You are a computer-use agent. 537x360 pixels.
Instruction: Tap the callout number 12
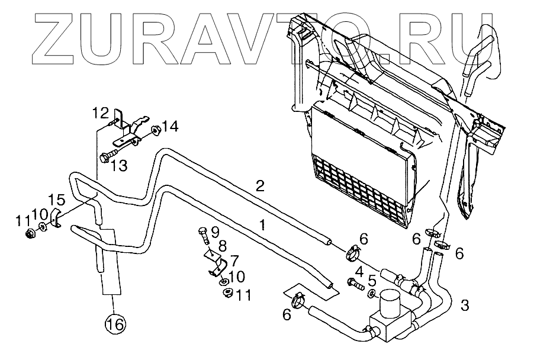pyautogui.click(x=101, y=112)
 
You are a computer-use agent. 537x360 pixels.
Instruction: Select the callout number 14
pyautogui.click(x=170, y=126)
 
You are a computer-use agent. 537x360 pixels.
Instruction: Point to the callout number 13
pyautogui.click(x=118, y=166)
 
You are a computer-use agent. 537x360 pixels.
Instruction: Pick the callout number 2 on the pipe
pyautogui.click(x=259, y=185)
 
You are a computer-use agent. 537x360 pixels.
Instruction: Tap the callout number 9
pyautogui.click(x=214, y=230)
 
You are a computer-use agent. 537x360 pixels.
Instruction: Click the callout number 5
pyautogui.click(x=373, y=278)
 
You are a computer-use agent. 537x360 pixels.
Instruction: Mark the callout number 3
pyautogui.click(x=465, y=306)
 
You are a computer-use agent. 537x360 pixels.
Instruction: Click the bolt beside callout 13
pyautogui.click(x=107, y=157)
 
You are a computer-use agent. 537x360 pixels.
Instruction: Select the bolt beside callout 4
pyautogui.click(x=355, y=285)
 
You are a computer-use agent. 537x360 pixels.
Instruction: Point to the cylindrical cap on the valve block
pyautogui.click(x=390, y=304)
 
